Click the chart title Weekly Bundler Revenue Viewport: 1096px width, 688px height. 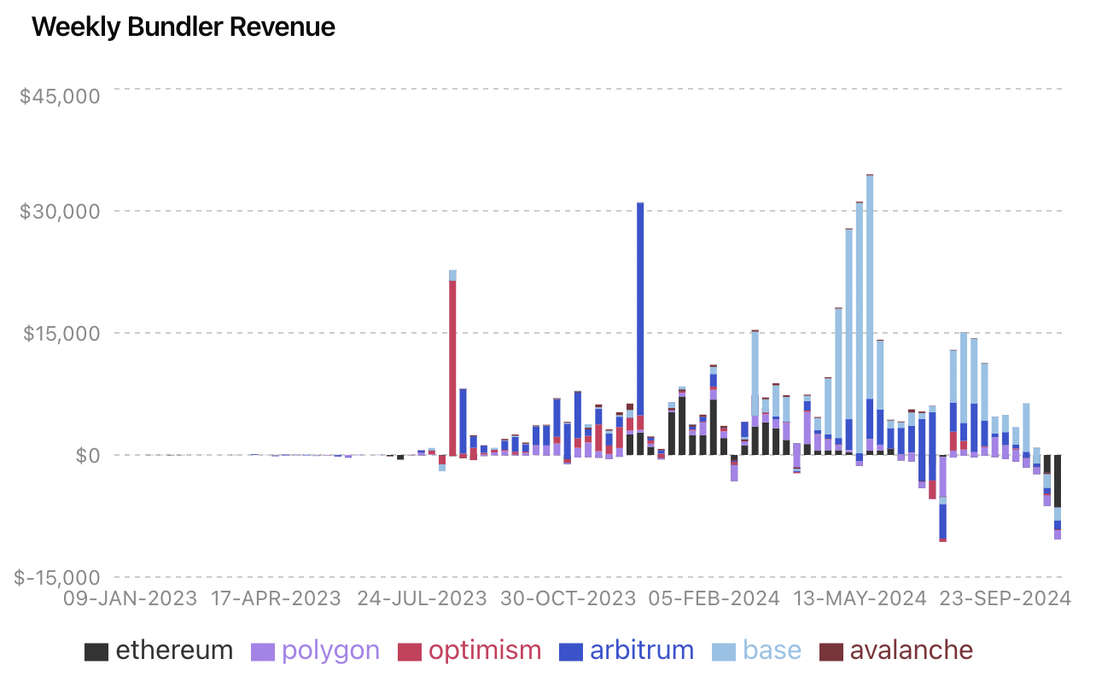(x=183, y=27)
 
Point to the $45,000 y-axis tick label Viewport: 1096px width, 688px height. (x=59, y=95)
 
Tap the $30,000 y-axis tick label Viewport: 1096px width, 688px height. (x=59, y=212)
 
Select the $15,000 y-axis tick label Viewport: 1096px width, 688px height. (x=59, y=334)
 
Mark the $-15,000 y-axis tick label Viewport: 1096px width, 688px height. (x=55, y=578)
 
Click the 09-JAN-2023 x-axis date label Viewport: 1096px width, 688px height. (x=131, y=598)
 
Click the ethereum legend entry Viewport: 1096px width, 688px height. (x=159, y=650)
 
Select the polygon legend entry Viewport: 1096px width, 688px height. (x=315, y=650)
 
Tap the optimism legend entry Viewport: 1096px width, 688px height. (x=469, y=650)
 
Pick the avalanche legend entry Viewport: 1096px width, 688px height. (x=895, y=650)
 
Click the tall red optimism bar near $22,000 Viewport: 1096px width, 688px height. (x=452, y=367)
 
